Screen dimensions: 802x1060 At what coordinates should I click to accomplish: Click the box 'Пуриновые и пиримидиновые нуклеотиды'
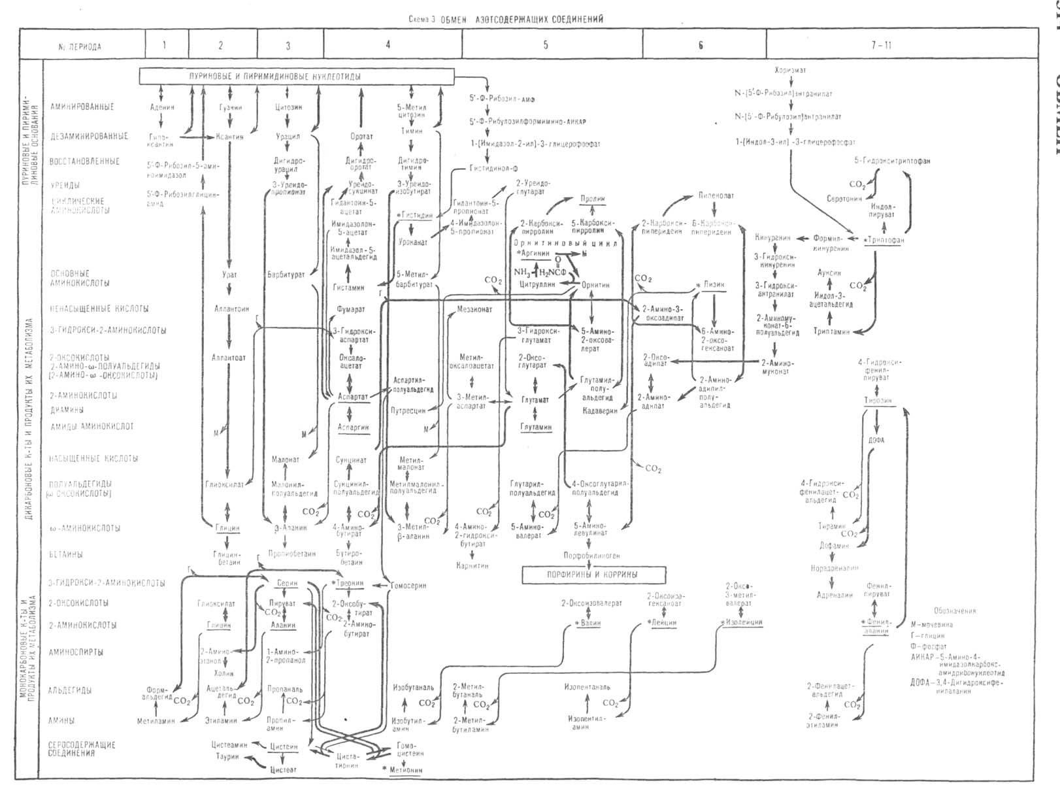[297, 76]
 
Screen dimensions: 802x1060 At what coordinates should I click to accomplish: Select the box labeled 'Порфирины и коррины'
[595, 575]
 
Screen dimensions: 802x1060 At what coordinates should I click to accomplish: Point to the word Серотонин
[844, 198]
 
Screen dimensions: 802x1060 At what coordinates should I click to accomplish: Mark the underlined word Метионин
[405, 770]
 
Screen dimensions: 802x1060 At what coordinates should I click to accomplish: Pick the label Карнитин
[473, 565]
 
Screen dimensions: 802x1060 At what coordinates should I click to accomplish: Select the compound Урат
[229, 275]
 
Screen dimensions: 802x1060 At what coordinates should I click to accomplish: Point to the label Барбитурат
[286, 275]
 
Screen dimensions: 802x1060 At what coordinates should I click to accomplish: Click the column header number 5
[546, 46]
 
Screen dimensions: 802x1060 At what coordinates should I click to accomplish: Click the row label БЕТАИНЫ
[66, 554]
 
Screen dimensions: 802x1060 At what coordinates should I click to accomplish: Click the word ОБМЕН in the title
[454, 19]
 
